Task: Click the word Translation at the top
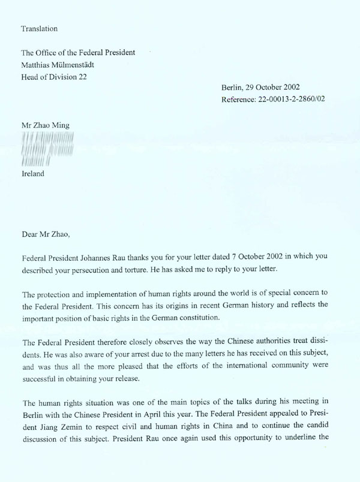point(40,28)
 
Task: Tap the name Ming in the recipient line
point(60,125)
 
